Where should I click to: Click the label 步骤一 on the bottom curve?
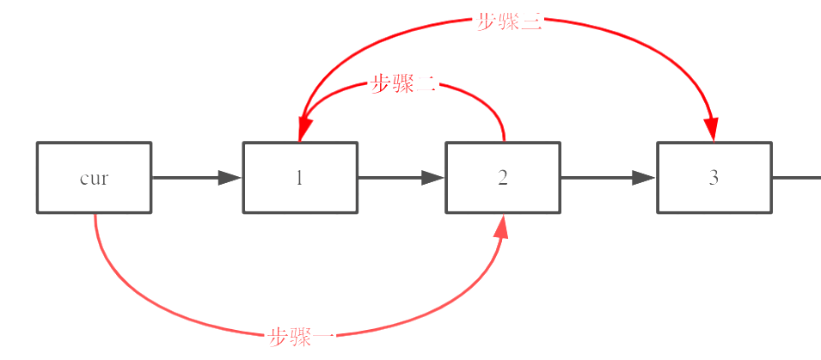[301, 337]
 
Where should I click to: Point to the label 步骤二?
[403, 84]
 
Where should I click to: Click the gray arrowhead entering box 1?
[230, 178]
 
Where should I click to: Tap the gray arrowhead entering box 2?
[433, 178]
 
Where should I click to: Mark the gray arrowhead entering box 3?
[644, 178]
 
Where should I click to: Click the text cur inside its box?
[94, 179]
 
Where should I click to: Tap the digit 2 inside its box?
[503, 178]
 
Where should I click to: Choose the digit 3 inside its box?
[714, 178]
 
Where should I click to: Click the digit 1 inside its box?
[299, 178]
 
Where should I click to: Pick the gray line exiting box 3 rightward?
[796, 178]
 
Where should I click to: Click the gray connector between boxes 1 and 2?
[391, 178]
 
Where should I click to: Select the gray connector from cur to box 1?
[185, 178]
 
